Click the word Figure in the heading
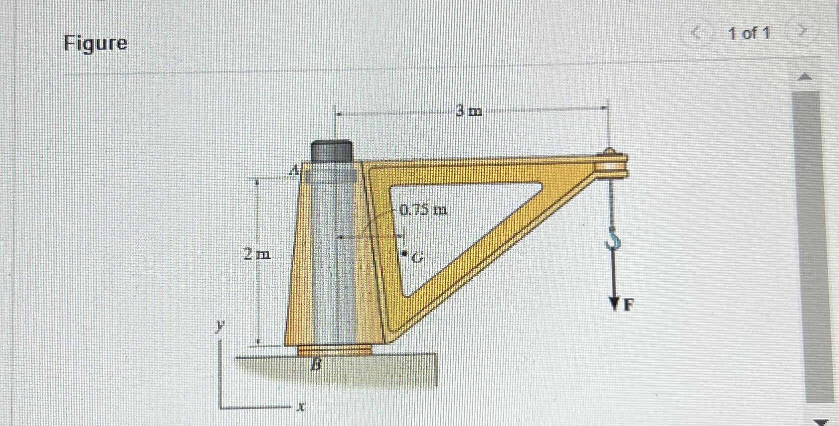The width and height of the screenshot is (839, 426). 96,43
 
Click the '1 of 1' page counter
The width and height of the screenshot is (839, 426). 749,34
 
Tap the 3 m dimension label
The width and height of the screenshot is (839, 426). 469,111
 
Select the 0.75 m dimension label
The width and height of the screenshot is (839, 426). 423,209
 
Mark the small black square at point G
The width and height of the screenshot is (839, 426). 404,255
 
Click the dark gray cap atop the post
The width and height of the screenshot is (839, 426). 332,151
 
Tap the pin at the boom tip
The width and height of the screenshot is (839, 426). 609,151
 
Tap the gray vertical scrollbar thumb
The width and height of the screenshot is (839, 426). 806,246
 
